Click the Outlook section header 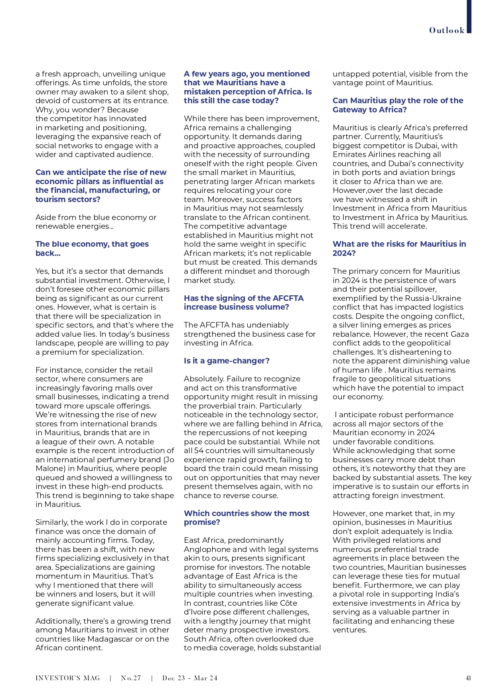click(447, 30)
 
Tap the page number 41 click(468, 678)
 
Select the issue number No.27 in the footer click(131, 678)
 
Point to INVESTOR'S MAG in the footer click(67, 678)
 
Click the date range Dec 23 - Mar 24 click(189, 678)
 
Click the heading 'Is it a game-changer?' click(227, 361)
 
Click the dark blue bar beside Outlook click(469, 16)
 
